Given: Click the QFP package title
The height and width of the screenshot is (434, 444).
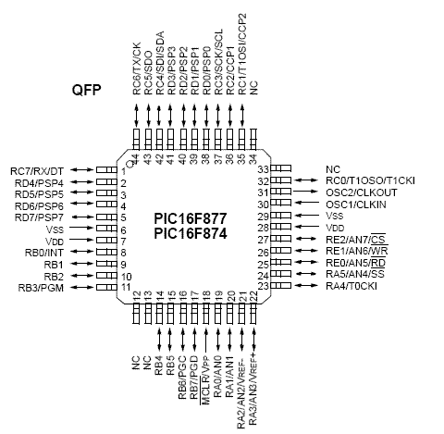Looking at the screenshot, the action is [x=86, y=90].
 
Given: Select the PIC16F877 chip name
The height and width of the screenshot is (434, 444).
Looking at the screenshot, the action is [x=191, y=218].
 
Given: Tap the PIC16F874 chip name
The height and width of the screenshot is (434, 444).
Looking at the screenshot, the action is [x=191, y=233].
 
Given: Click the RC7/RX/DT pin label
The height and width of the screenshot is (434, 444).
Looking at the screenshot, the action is [x=37, y=171].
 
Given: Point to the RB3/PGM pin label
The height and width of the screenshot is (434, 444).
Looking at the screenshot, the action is [x=41, y=288].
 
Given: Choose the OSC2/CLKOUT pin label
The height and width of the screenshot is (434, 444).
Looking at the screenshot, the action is [x=362, y=192].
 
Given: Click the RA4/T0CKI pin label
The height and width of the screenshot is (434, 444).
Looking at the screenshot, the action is [x=351, y=286].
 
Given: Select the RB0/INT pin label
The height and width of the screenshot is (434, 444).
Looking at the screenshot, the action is [x=43, y=253].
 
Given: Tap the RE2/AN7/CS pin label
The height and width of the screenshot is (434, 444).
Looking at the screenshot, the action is [x=356, y=239].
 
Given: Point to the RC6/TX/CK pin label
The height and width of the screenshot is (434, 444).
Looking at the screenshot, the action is [x=137, y=68].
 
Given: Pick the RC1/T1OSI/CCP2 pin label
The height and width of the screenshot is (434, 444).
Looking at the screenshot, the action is [x=242, y=54].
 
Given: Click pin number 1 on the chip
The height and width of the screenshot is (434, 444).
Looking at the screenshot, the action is [x=123, y=171].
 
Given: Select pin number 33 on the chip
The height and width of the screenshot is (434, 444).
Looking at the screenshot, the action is [x=264, y=169].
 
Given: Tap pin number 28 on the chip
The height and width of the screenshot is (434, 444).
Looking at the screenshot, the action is [x=264, y=228].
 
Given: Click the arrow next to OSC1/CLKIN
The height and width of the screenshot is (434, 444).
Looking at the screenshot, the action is [x=306, y=203].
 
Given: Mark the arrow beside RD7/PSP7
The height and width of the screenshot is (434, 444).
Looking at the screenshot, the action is [x=81, y=217].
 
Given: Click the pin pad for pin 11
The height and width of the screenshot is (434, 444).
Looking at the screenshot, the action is [x=106, y=287].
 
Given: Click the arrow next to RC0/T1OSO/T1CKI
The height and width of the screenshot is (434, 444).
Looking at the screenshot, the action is [x=306, y=180].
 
